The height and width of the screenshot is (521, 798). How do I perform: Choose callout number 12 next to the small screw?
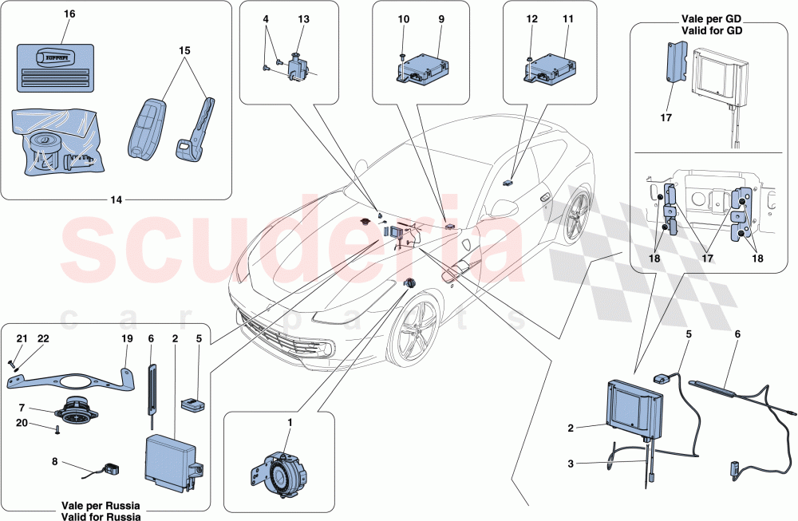click(x=532, y=20)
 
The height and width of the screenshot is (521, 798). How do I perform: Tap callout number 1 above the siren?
click(x=290, y=422)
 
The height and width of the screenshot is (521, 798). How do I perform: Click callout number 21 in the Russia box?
click(x=22, y=339)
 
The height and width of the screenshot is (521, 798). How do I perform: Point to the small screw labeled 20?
click(x=59, y=432)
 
